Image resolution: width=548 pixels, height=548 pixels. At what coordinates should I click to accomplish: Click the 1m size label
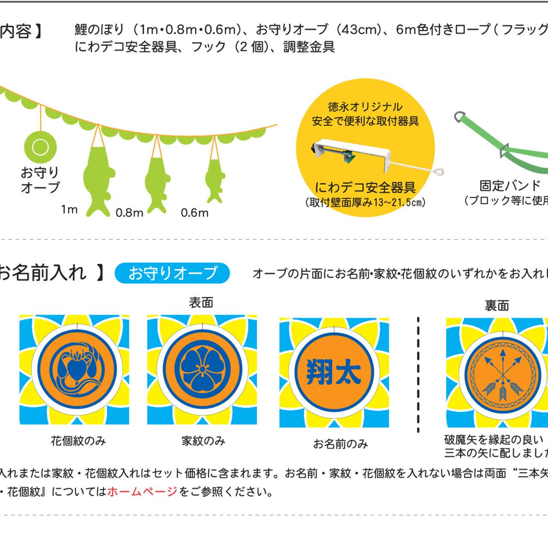[69, 209]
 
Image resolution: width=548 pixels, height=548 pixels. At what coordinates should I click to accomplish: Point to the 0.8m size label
[129, 213]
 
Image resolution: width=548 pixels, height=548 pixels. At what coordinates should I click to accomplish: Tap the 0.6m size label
[194, 213]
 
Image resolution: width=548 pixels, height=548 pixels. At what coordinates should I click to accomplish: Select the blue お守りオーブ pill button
[172, 273]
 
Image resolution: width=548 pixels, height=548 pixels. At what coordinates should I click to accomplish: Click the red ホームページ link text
[142, 491]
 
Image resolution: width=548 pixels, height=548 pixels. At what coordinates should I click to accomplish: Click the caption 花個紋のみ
[78, 441]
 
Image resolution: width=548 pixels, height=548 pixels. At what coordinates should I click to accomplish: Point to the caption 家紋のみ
[203, 441]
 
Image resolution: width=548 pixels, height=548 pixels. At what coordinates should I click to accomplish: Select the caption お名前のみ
[340, 444]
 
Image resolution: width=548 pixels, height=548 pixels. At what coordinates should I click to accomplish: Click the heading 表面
[201, 303]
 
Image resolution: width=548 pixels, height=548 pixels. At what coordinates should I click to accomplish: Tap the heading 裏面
[497, 305]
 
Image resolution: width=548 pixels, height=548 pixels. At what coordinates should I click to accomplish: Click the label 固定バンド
[510, 186]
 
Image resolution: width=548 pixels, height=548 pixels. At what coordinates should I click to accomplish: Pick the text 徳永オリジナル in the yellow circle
[365, 107]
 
